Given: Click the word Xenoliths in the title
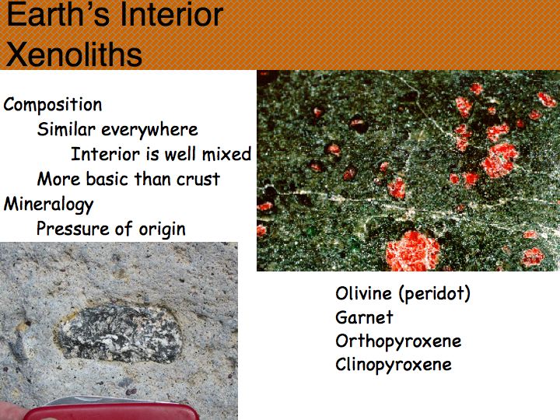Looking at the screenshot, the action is [x=75, y=54].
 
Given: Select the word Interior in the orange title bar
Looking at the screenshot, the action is [x=171, y=14].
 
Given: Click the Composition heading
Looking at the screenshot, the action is [x=53, y=105].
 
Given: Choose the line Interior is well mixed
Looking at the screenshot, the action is [x=161, y=154].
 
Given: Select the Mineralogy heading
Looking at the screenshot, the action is [x=48, y=205].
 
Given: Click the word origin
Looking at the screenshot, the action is [x=162, y=229].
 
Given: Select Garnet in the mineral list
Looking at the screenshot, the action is [x=364, y=317].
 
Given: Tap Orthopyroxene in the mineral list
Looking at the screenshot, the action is [x=398, y=341].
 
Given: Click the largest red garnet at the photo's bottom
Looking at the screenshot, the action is [x=412, y=250].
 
